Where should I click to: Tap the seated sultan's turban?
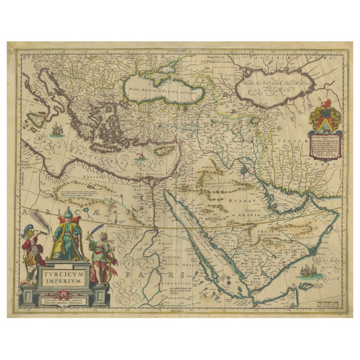coord(68,217)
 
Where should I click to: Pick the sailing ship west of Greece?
coord(57,129)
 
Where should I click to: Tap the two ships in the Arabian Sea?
coord(307,270)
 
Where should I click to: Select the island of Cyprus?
coord(164,151)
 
